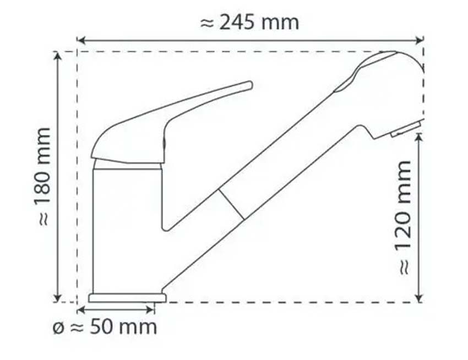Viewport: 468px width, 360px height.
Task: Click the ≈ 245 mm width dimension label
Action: click(x=249, y=23)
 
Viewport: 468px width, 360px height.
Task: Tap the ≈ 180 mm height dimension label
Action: click(x=44, y=176)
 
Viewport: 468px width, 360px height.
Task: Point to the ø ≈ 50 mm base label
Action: click(x=105, y=327)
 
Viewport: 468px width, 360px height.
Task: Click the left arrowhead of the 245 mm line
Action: click(x=80, y=40)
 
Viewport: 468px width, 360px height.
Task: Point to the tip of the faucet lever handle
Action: click(x=249, y=85)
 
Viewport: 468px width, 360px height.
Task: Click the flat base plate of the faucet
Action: click(x=127, y=297)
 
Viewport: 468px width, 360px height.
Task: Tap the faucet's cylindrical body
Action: click(x=127, y=226)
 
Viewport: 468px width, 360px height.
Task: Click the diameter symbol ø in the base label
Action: click(x=58, y=328)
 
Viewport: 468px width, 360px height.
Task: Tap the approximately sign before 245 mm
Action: click(x=206, y=23)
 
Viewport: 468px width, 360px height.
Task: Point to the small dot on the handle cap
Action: click(x=163, y=144)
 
